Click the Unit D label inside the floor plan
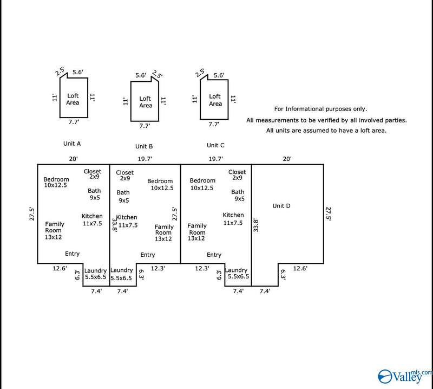coord(281,206)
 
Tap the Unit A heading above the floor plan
coord(72,144)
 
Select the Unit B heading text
coord(143,146)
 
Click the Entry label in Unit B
coord(147,255)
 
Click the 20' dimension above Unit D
coord(287,159)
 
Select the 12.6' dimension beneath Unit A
coord(60,267)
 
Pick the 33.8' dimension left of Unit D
coord(257,225)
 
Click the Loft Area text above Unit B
coord(145,102)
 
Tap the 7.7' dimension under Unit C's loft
coord(214,124)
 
